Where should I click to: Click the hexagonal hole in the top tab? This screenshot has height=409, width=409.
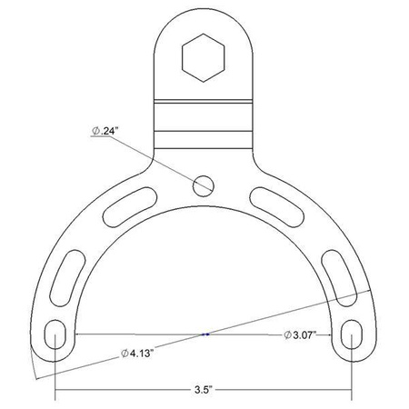(x=204, y=57)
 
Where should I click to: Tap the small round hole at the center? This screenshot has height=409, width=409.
(x=204, y=185)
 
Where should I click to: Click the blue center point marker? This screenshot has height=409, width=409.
(x=205, y=334)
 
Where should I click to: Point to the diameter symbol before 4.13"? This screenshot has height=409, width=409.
(x=123, y=353)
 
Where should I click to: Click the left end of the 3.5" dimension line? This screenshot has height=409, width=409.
(x=57, y=392)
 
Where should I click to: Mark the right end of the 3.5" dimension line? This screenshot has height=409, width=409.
(x=353, y=392)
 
